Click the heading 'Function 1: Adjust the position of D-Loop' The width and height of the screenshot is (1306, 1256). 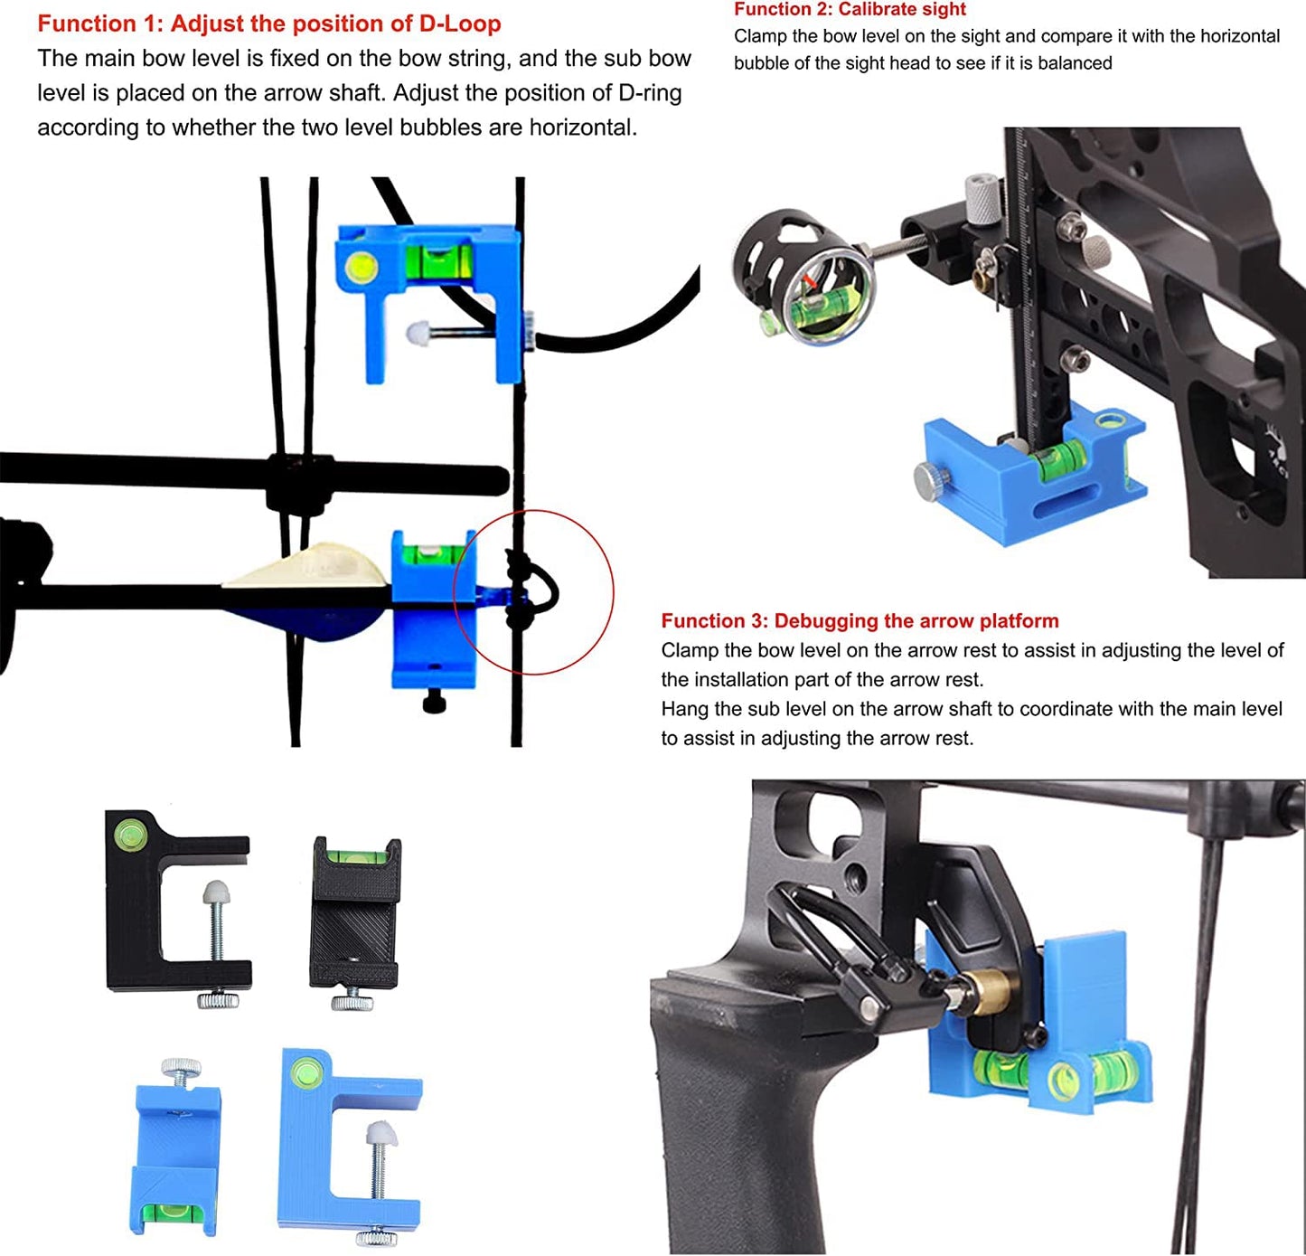pyautogui.click(x=268, y=24)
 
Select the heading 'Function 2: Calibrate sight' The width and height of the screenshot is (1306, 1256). pyautogui.click(x=850, y=10)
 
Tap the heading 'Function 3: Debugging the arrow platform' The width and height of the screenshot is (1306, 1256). pyautogui.click(x=860, y=621)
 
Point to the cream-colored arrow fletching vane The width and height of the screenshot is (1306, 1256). pyautogui.click(x=307, y=569)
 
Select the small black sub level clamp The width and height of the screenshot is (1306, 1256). pyautogui.click(x=355, y=913)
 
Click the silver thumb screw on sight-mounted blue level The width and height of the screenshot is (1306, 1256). pyautogui.click(x=928, y=478)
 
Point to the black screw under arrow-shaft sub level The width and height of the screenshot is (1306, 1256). pyautogui.click(x=434, y=700)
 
